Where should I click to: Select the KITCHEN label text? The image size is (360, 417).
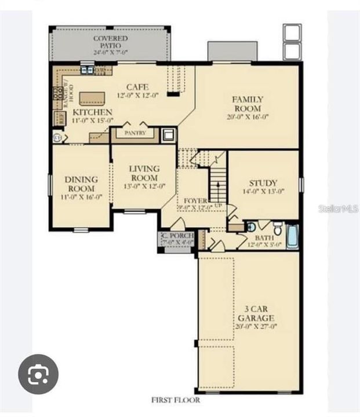click(92, 111)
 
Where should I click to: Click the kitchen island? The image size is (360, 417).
click(92, 97)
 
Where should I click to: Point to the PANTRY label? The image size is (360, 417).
click(135, 133)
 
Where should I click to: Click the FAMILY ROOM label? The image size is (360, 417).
click(248, 104)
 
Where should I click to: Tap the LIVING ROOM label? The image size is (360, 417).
click(144, 173)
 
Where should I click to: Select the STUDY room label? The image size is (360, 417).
click(263, 182)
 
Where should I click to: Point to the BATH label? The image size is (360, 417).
click(266, 237)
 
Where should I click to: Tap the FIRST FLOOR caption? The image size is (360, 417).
click(175, 400)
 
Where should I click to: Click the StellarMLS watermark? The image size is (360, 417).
click(338, 208)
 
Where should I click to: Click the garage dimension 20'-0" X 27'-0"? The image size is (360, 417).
click(255, 327)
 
